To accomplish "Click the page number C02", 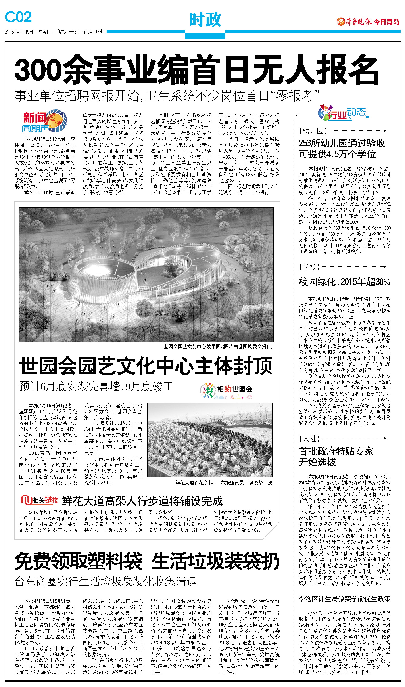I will tap(18, 17).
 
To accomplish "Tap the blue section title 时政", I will tap(205, 20).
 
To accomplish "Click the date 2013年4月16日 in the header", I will tap(19, 32).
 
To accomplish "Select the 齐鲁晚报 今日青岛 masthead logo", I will tap(368, 22).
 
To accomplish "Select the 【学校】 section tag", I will tap(309, 267).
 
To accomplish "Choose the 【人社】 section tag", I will tap(309, 439).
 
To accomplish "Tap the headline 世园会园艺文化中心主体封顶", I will tap(146, 366).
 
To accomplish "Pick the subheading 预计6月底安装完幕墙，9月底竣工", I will tap(96, 386).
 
